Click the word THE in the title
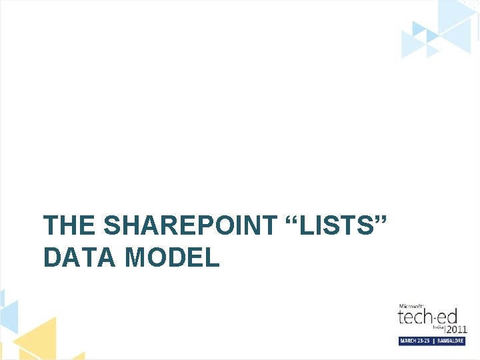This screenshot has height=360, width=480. coord(70,227)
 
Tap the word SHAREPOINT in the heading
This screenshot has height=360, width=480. coord(190,227)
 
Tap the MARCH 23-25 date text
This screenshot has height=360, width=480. coord(416,341)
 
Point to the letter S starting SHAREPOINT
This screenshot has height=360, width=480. coord(113,227)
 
